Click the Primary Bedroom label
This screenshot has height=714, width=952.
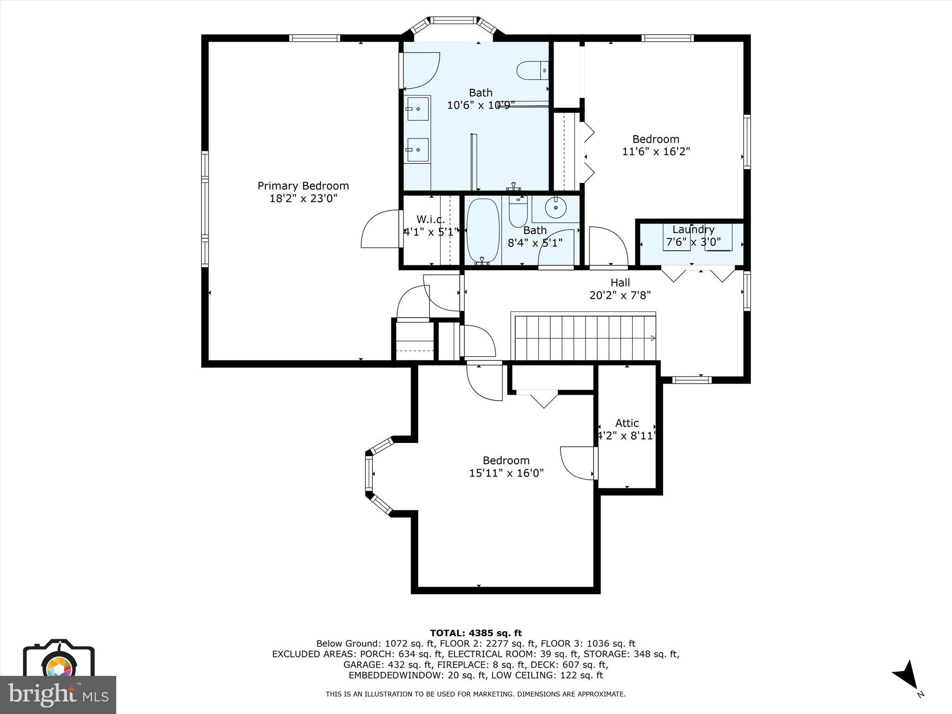click(x=303, y=186)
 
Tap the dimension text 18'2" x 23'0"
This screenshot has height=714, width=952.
click(x=303, y=198)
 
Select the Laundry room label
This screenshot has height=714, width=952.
click(x=693, y=230)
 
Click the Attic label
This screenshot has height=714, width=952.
click(x=627, y=423)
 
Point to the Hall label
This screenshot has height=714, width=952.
click(x=620, y=283)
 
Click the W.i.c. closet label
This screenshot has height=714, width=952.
click(x=430, y=219)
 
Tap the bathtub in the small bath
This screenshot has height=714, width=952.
click(x=483, y=231)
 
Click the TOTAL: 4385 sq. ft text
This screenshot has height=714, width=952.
click(x=476, y=633)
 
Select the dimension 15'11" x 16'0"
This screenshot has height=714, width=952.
click(x=506, y=473)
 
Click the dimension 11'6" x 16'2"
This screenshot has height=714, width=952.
click(x=656, y=152)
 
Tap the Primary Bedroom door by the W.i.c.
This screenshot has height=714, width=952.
click(x=381, y=229)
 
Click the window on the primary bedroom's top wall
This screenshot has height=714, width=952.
click(x=315, y=38)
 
